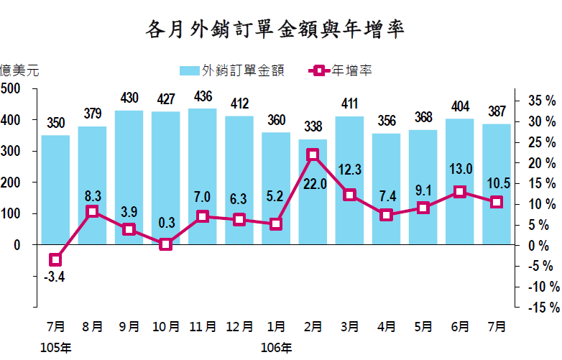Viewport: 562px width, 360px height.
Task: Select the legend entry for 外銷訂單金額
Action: pyautogui.click(x=232, y=70)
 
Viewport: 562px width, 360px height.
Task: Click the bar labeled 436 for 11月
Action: pyautogui.click(x=203, y=176)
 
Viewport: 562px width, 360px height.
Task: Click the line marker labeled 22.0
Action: pyautogui.click(x=313, y=154)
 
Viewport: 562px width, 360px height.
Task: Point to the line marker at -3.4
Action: pyautogui.click(x=55, y=259)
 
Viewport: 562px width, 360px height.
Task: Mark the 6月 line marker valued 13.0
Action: pyautogui.click(x=460, y=192)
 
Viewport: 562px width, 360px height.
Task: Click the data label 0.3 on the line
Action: pyautogui.click(x=166, y=223)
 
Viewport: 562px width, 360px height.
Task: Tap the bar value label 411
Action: pyautogui.click(x=350, y=103)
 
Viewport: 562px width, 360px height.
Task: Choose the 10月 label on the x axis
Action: pyautogui.click(x=166, y=326)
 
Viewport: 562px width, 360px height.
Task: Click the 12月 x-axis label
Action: pyautogui.click(x=239, y=326)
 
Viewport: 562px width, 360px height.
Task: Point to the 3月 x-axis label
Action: pyautogui.click(x=350, y=326)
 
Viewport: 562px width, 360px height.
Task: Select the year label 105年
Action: pyautogui.click(x=56, y=349)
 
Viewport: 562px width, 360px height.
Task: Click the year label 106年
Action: pyautogui.click(x=276, y=349)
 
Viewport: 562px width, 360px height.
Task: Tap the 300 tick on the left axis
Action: pyautogui.click(x=10, y=151)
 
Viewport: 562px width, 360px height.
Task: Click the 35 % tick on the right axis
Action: pyautogui.click(x=540, y=101)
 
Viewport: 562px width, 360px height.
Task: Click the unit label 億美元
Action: pyautogui.click(x=19, y=70)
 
